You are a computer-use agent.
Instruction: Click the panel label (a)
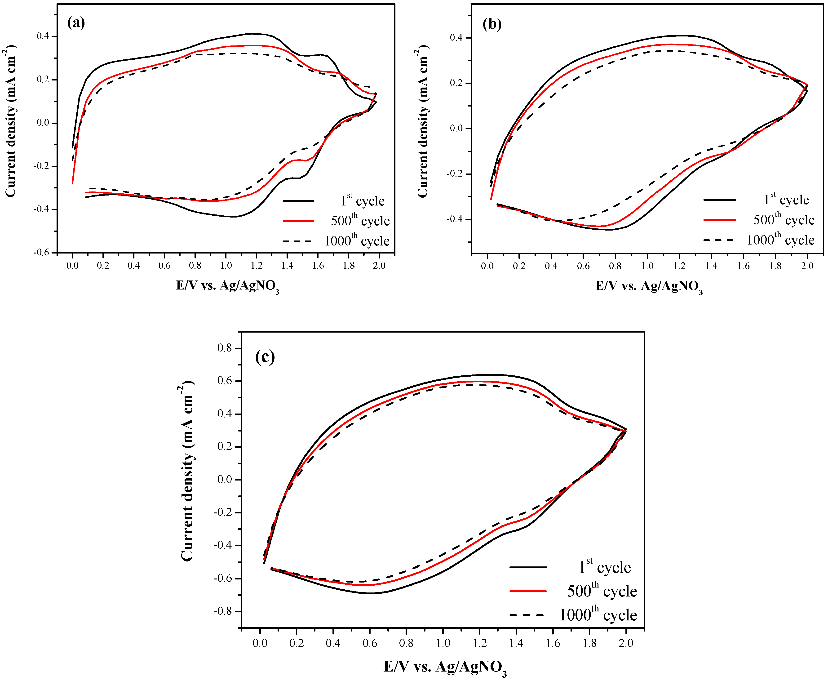pos(76,23)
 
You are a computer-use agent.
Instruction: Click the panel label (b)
pos(492,24)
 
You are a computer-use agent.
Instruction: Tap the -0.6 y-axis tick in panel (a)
pos(41,253)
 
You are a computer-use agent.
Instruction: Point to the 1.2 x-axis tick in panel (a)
pos(257,266)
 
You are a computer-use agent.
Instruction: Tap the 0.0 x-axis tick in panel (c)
pos(260,643)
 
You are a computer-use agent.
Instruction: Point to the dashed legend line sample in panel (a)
pos(298,241)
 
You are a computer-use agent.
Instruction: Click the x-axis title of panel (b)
pos(649,287)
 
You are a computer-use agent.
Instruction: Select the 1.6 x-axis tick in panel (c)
pos(553,643)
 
